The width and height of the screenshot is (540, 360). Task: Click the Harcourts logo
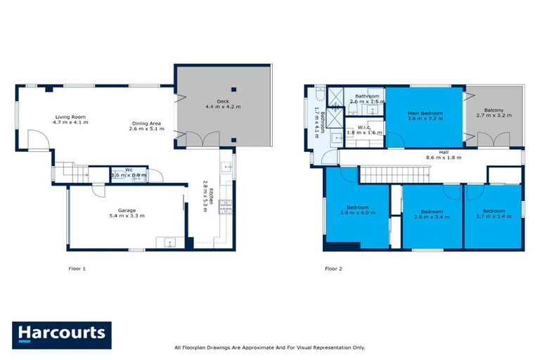(61, 335)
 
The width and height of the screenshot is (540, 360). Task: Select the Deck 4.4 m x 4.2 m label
(223, 103)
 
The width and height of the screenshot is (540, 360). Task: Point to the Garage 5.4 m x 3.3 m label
(127, 212)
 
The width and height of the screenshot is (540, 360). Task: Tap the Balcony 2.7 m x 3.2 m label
(497, 114)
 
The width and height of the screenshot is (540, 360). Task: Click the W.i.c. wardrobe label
(365, 129)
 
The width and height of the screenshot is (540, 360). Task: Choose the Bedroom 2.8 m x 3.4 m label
(431, 214)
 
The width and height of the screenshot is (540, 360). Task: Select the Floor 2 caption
(333, 268)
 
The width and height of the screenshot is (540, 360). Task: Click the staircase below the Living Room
(72, 172)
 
